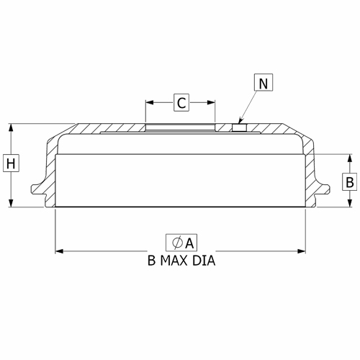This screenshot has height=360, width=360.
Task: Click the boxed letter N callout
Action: click(x=264, y=83)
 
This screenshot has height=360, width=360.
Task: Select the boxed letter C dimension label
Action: click(x=181, y=102)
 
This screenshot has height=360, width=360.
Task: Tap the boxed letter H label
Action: click(x=11, y=163)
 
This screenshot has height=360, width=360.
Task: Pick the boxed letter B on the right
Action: click(x=350, y=181)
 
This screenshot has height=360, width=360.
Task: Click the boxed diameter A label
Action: click(x=181, y=243)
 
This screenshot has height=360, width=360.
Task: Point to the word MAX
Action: click(x=174, y=261)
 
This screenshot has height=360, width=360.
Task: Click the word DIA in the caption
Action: click(x=204, y=261)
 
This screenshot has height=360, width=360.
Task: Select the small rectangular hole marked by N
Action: click(x=239, y=127)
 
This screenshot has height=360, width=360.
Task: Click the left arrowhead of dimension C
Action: click(x=150, y=102)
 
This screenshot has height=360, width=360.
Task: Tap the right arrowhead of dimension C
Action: click(x=211, y=102)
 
